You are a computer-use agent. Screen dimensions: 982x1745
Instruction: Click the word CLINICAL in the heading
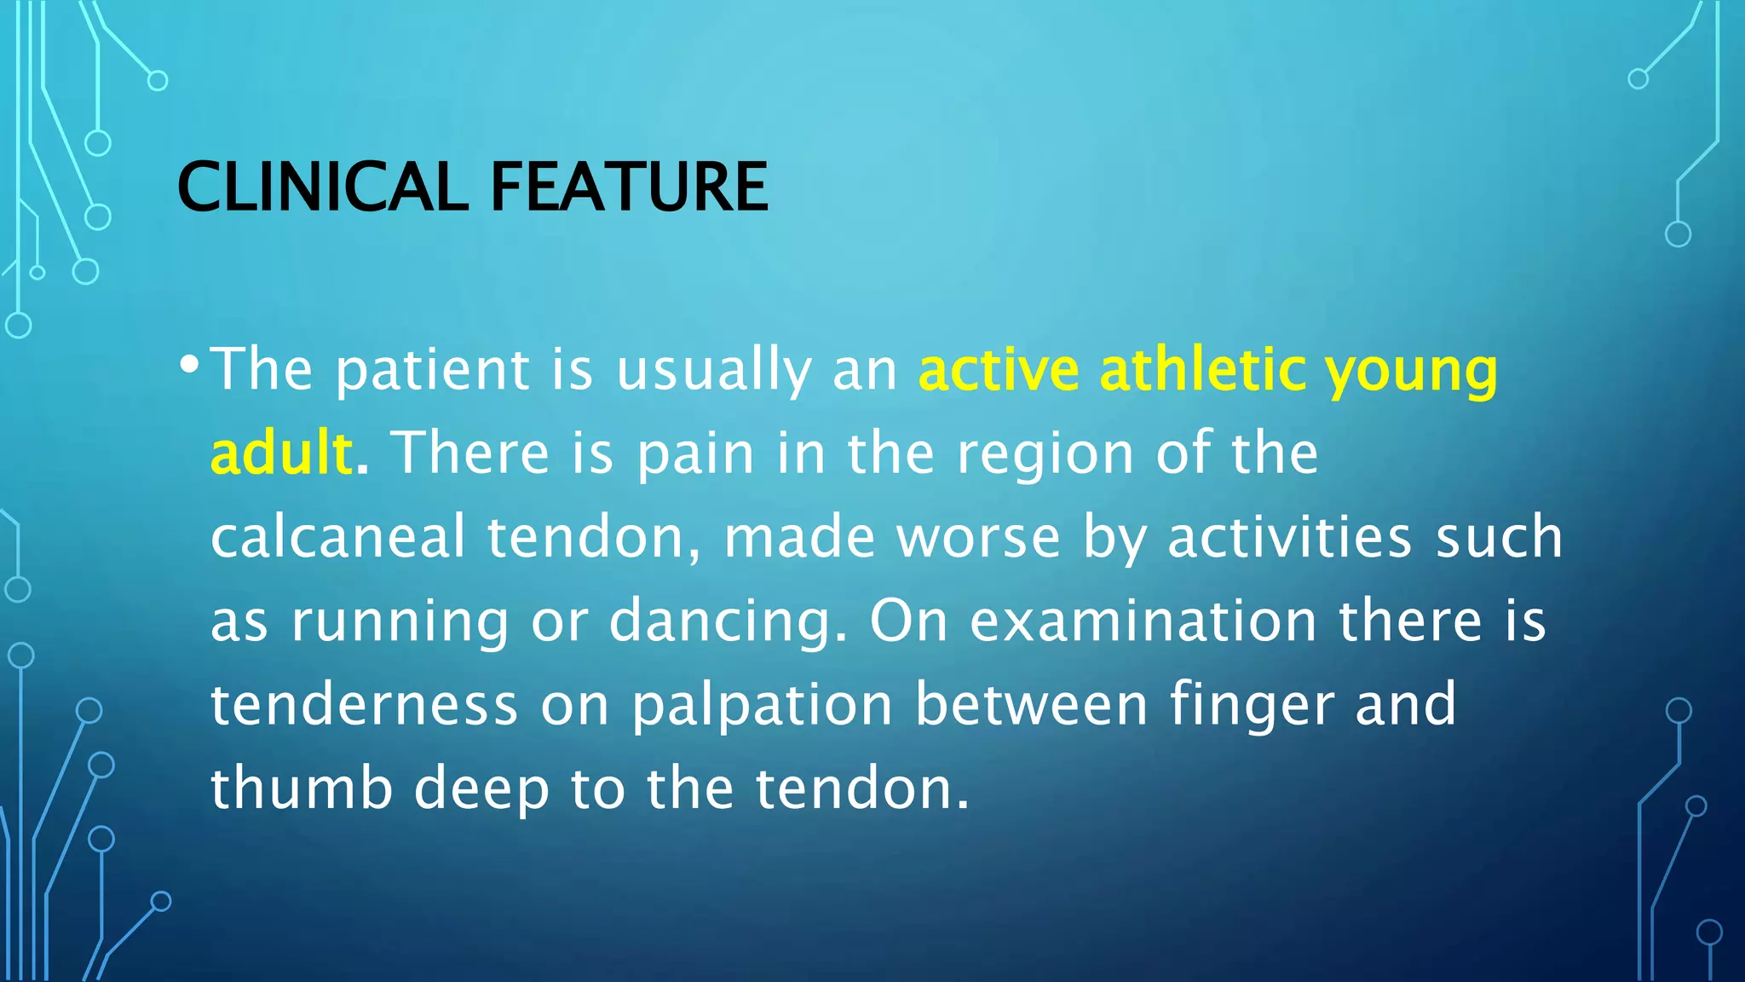click(x=322, y=187)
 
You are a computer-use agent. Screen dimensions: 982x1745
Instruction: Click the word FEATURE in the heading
click(x=629, y=187)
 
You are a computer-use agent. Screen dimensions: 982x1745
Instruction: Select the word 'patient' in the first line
click(x=432, y=371)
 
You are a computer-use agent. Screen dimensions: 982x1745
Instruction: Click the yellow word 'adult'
click(x=281, y=453)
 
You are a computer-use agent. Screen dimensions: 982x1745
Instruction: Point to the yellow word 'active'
click(x=999, y=371)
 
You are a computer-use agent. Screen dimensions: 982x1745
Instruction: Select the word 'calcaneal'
click(x=338, y=537)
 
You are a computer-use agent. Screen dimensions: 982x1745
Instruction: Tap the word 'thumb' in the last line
click(x=302, y=788)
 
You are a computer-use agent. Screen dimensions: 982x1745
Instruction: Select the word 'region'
click(x=1045, y=455)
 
